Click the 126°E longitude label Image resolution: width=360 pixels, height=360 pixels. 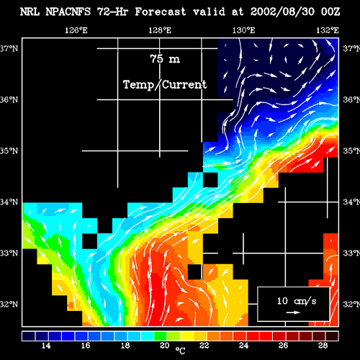pyautogui.click(x=76, y=30)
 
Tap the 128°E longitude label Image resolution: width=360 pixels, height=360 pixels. pyautogui.click(x=160, y=30)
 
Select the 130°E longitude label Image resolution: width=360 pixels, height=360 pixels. pyautogui.click(x=243, y=30)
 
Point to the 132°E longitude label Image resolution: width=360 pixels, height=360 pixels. pyautogui.click(x=328, y=30)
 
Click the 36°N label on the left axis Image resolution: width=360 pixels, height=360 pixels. pyautogui.click(x=9, y=99)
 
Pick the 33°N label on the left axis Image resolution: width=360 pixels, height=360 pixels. pyautogui.click(x=9, y=253)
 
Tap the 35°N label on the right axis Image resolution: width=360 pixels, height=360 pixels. pyautogui.click(x=351, y=150)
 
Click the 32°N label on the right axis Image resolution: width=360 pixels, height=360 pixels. pyautogui.click(x=351, y=305)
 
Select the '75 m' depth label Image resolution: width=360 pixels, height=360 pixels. pyautogui.click(x=165, y=59)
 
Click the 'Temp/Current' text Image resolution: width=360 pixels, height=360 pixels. pyautogui.click(x=165, y=85)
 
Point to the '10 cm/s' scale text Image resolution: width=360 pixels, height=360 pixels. pyautogui.click(x=297, y=301)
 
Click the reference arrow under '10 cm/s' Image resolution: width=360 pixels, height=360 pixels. pyautogui.click(x=293, y=312)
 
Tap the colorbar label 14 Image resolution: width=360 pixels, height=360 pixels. pyautogui.click(x=46, y=346)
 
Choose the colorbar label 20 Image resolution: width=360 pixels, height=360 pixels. pyautogui.click(x=165, y=346)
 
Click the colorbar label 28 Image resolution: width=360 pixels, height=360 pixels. pyautogui.click(x=323, y=346)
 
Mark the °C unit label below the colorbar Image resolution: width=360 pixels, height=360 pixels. pyautogui.click(x=180, y=351)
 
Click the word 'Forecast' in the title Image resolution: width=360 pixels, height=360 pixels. pyautogui.click(x=161, y=12)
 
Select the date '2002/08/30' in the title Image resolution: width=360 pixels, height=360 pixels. pyautogui.click(x=282, y=12)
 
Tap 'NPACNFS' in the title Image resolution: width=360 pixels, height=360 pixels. pyautogui.click(x=68, y=12)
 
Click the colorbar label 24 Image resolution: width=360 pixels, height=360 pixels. pyautogui.click(x=244, y=346)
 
